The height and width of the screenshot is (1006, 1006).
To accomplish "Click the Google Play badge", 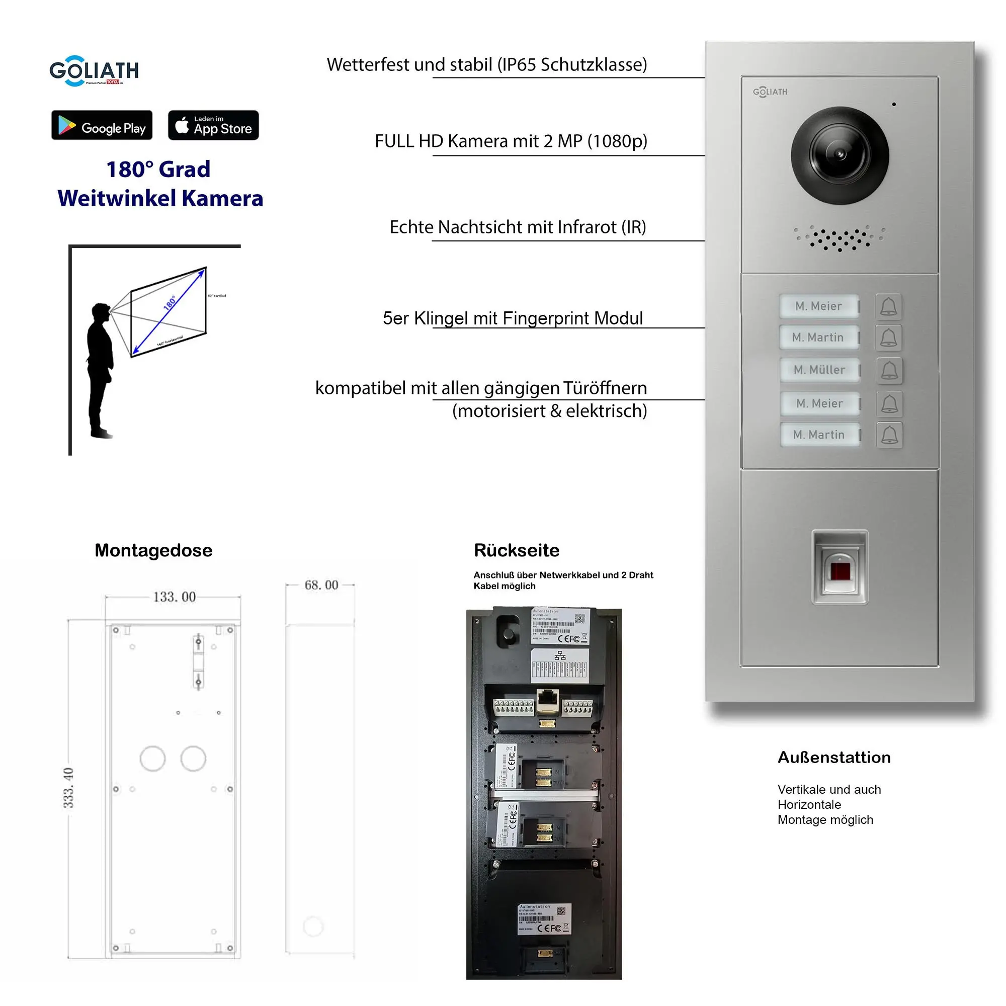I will (x=102, y=125).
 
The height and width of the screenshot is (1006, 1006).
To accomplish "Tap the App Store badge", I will (x=213, y=125).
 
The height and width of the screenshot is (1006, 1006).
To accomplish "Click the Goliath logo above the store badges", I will (x=94, y=71).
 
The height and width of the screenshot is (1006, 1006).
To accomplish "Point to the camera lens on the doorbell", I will (x=840, y=155).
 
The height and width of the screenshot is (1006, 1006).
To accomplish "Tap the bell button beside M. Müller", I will (x=889, y=371).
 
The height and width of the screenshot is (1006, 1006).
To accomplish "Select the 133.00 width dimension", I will (x=174, y=597).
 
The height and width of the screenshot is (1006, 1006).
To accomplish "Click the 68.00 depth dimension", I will (x=321, y=585).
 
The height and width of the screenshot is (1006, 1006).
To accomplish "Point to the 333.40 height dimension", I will (x=68, y=787).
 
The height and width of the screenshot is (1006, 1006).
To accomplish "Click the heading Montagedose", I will (x=153, y=550).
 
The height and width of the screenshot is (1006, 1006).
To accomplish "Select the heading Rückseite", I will (x=516, y=550).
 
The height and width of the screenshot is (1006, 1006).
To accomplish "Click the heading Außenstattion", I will (x=833, y=757).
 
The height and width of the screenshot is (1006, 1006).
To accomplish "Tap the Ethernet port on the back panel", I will (x=547, y=700).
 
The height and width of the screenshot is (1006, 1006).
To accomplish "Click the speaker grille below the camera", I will (x=839, y=238).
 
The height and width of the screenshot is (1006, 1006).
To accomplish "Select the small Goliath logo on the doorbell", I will (x=770, y=92).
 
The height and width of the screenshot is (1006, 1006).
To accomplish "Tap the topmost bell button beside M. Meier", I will (x=888, y=307).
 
